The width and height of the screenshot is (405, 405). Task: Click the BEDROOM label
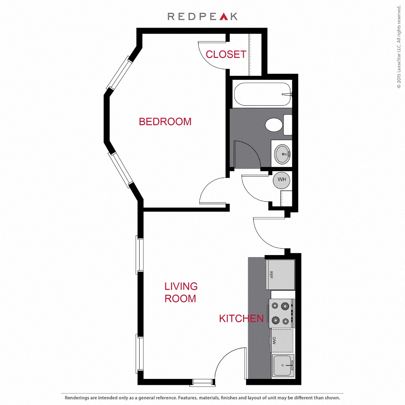click(x=165, y=122)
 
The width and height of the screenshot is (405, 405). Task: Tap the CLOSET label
click(x=226, y=55)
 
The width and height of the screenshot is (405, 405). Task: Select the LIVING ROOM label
click(x=181, y=292)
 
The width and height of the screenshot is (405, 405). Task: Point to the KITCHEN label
click(x=241, y=318)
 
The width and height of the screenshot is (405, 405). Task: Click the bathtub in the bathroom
click(x=263, y=94)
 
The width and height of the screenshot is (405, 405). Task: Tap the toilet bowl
click(x=274, y=125)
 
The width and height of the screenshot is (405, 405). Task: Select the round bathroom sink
click(x=282, y=154)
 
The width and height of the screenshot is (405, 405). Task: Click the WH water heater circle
click(x=282, y=180)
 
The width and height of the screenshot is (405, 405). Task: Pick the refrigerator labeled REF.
click(x=280, y=274)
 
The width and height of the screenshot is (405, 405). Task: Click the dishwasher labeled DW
click(x=282, y=341)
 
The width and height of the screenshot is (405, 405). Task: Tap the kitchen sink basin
click(x=283, y=365)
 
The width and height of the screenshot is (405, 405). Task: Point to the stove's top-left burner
click(x=275, y=306)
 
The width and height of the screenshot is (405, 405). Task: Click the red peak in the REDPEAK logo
click(x=224, y=17)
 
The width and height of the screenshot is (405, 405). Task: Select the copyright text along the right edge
click(x=399, y=47)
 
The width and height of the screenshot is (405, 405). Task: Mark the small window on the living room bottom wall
click(x=202, y=382)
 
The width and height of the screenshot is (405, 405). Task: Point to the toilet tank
click(x=288, y=125)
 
